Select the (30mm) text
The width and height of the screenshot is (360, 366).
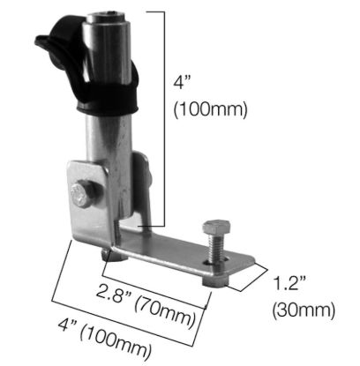tap(304, 309)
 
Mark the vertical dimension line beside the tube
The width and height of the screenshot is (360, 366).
tap(165, 115)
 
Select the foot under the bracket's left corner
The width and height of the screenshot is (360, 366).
tap(107, 255)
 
